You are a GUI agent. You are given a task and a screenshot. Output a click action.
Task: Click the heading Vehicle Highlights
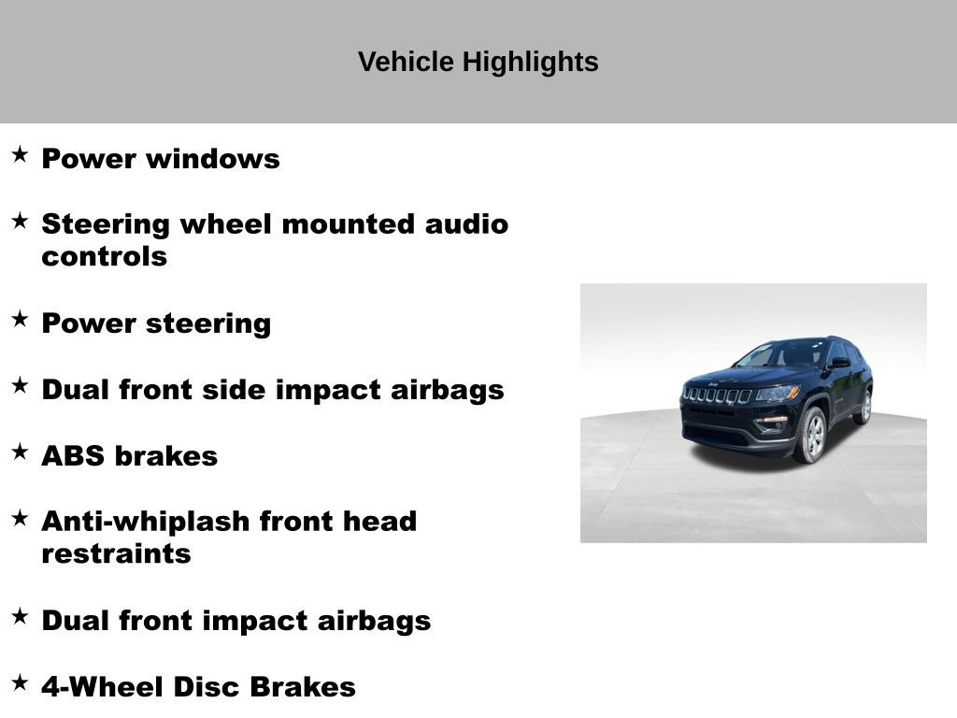pos(478,62)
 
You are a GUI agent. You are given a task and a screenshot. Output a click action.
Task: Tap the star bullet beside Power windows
pos(20,155)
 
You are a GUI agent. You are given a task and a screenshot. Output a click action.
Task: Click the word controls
pos(104,256)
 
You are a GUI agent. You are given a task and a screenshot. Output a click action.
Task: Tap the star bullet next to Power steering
pos(20,320)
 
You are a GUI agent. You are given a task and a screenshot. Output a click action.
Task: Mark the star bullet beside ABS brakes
pos(20,452)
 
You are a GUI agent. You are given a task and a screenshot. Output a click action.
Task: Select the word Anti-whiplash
pos(145,521)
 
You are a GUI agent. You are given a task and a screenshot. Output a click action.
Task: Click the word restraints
pos(116,553)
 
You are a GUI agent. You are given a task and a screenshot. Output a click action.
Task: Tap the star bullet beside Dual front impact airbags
pos(20,617)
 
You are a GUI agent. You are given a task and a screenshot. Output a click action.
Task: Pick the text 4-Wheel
pos(94,687)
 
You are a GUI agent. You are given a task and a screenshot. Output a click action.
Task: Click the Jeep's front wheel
pos(811,435)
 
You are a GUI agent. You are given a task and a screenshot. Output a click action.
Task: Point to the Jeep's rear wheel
pos(864,407)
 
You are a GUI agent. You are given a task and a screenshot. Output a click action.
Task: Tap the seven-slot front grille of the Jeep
pos(717,395)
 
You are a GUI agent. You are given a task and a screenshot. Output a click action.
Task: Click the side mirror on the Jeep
pos(839,362)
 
